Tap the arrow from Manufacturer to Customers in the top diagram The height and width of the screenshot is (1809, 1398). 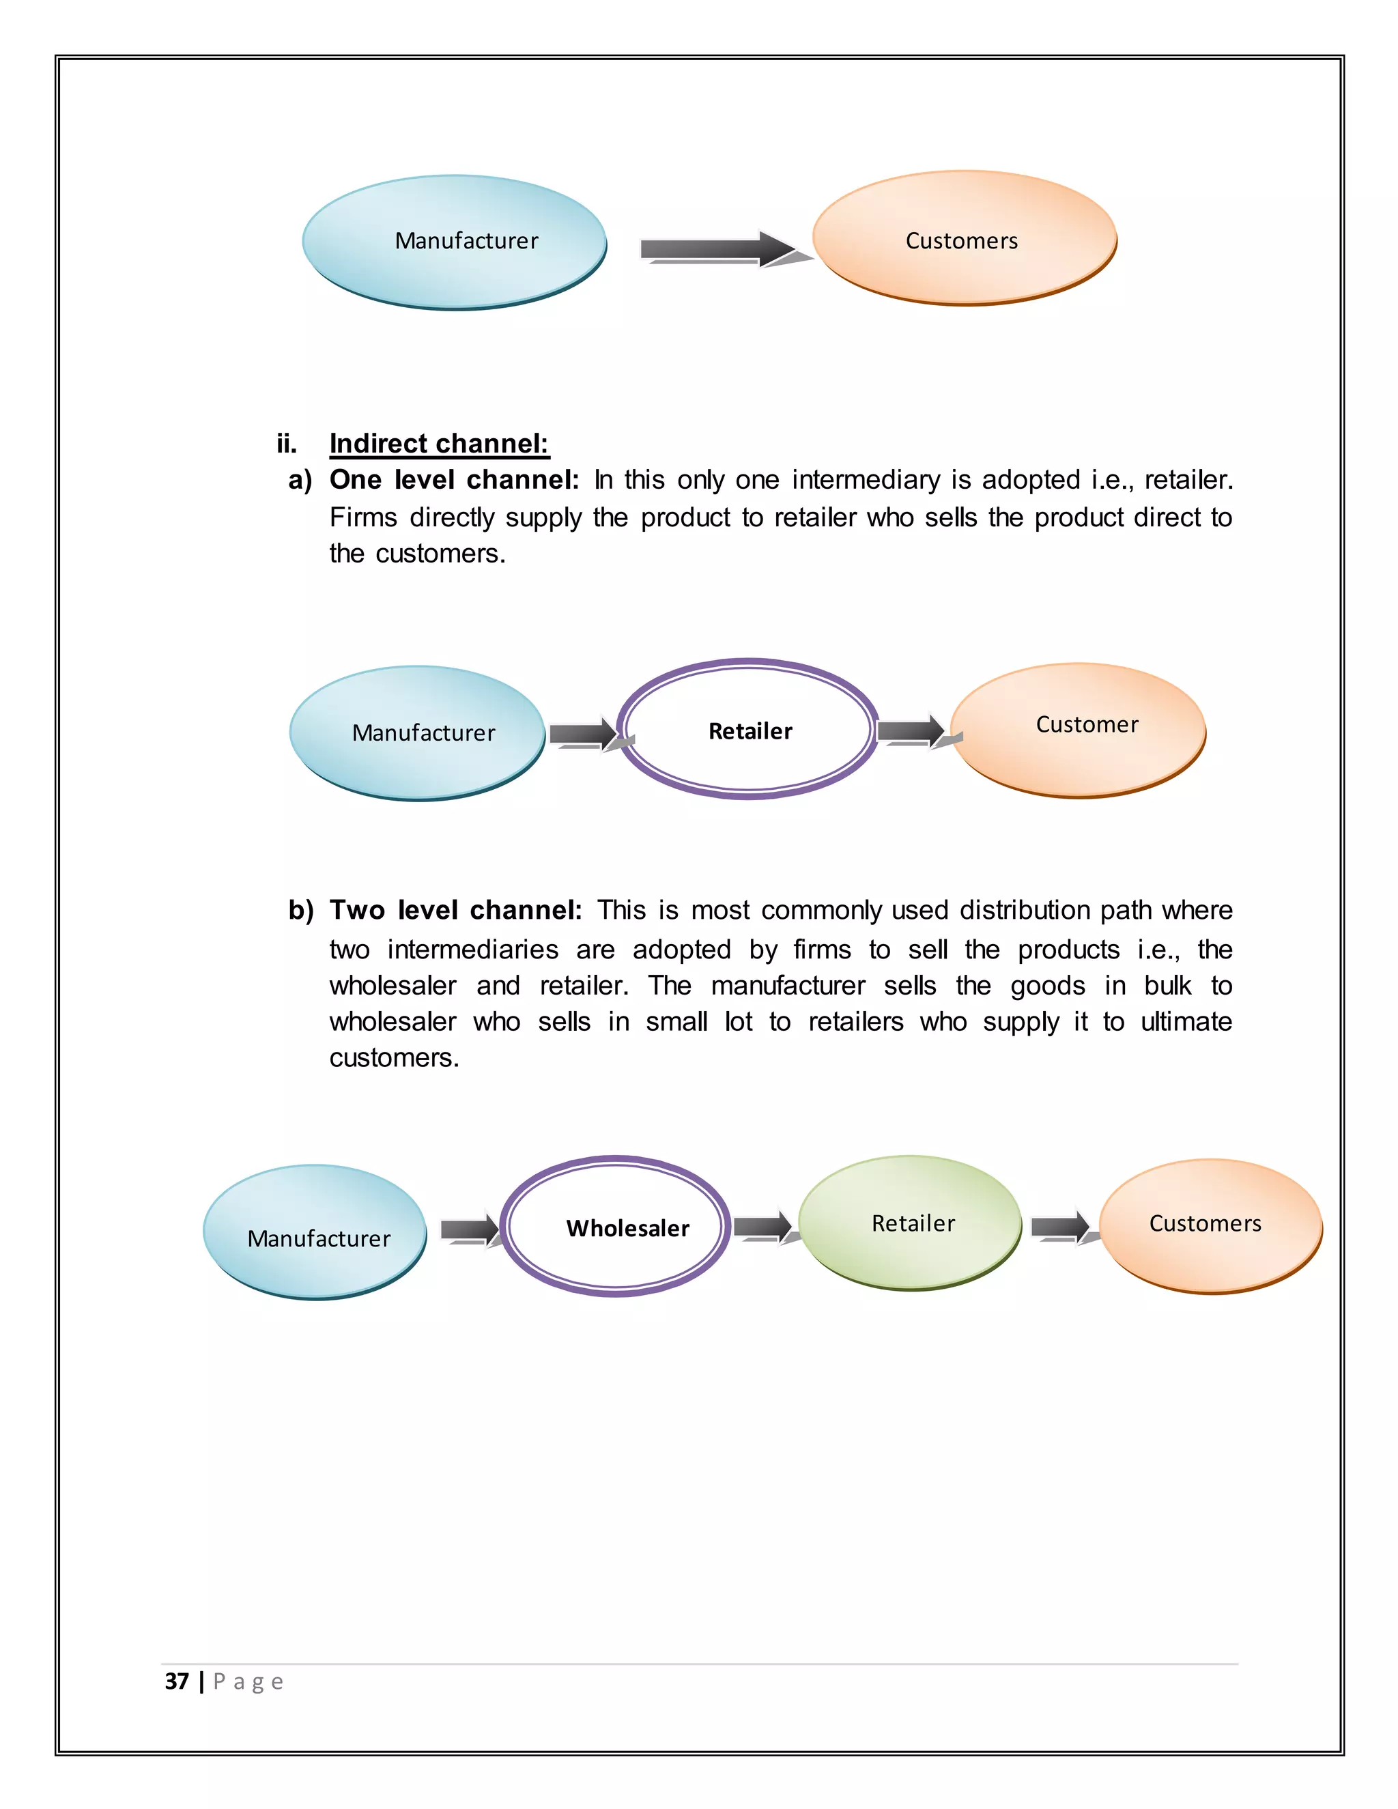[717, 248]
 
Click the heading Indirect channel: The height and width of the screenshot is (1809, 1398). [439, 444]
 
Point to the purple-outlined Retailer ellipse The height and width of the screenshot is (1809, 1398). [749, 729]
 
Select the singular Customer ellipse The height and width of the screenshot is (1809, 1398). [1077, 730]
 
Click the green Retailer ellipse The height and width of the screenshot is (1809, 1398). [910, 1223]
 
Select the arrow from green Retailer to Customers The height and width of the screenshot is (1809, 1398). [1060, 1227]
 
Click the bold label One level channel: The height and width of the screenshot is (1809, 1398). [454, 480]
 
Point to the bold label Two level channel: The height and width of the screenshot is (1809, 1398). [455, 910]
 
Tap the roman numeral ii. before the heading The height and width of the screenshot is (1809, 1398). [287, 444]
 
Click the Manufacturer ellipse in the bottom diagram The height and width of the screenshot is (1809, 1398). [315, 1232]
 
